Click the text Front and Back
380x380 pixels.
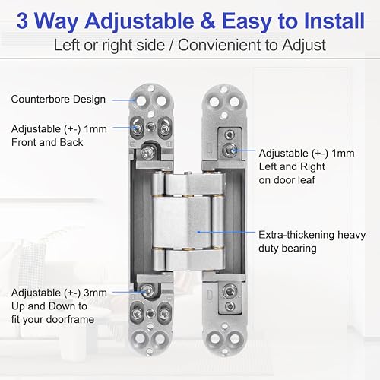pyautogui.click(x=46, y=142)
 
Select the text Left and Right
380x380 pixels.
pyautogui.click(x=293, y=166)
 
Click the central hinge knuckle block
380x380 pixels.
pyautogui.click(x=189, y=220)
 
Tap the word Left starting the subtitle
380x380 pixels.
pyautogui.click(x=66, y=45)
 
